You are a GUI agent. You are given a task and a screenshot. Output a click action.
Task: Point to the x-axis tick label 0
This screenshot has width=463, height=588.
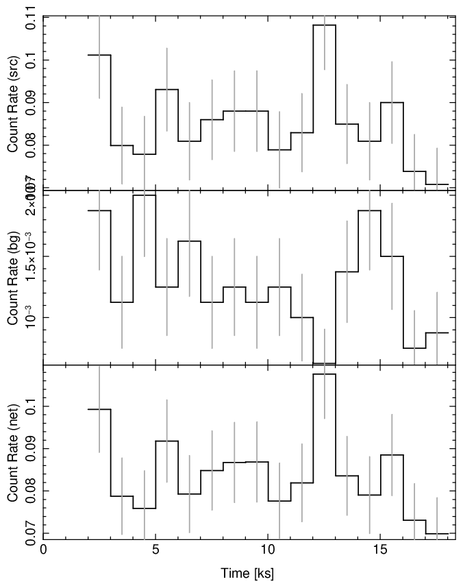[x=44, y=550]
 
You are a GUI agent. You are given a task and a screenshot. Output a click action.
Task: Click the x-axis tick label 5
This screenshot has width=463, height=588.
[x=156, y=550]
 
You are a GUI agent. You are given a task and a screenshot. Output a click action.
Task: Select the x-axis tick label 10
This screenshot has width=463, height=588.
[x=268, y=550]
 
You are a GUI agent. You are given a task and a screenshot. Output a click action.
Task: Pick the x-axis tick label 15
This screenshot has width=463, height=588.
[x=380, y=550]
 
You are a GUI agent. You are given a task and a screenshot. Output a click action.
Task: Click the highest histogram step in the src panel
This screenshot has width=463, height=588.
[x=325, y=25]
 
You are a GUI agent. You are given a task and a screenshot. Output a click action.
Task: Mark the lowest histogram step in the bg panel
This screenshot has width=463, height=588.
[x=325, y=363]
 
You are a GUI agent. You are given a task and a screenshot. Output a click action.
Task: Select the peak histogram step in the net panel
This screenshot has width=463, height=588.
[x=325, y=373]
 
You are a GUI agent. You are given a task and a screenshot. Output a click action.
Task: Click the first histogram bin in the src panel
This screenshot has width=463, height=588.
[x=99, y=55]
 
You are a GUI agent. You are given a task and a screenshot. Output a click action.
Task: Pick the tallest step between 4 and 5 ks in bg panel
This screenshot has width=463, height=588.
[x=145, y=195]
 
